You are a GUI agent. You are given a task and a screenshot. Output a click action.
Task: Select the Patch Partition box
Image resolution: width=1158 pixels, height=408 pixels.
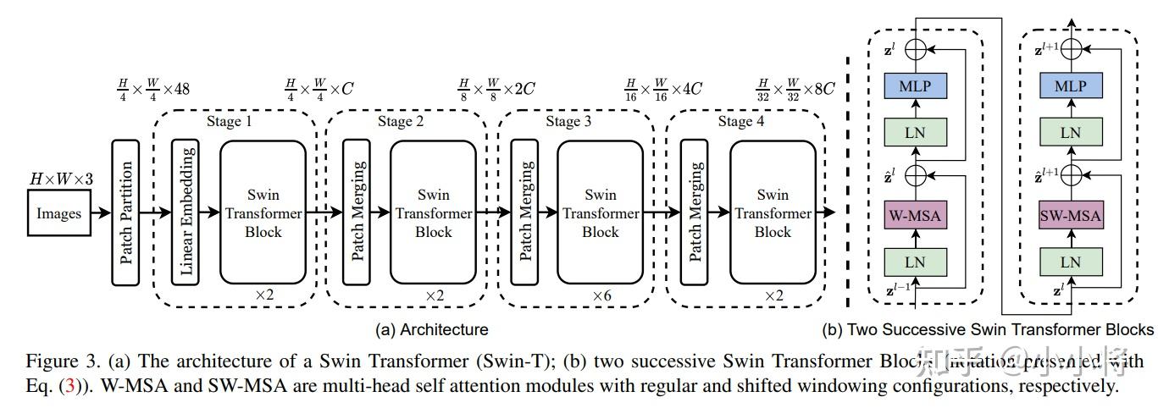[125, 213]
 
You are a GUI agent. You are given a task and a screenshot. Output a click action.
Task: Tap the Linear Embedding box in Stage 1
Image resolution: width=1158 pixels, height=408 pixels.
[187, 212]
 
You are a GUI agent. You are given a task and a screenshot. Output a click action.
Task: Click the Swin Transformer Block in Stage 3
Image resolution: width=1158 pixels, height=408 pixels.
[600, 212]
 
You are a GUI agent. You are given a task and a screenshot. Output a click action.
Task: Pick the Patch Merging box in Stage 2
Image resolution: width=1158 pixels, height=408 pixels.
[357, 212]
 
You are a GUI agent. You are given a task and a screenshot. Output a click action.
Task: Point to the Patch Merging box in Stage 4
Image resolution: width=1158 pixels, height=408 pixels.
[695, 212]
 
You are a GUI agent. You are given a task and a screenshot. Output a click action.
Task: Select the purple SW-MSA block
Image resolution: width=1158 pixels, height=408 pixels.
[1071, 215]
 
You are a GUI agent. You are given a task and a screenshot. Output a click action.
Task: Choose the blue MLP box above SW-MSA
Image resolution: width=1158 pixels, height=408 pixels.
[1071, 86]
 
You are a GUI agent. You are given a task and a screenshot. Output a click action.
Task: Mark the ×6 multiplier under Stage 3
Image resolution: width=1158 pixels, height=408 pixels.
[601, 295]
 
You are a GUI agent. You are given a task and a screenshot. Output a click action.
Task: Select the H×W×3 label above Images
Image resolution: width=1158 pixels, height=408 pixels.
[62, 179]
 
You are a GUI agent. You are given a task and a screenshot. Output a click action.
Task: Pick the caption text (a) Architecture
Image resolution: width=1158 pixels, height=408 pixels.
[431, 329]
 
